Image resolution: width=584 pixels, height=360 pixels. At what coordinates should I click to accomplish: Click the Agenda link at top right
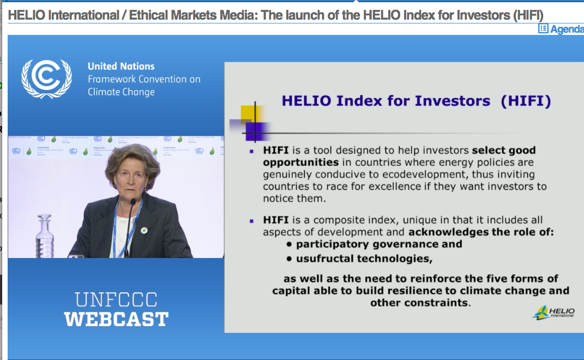(562, 29)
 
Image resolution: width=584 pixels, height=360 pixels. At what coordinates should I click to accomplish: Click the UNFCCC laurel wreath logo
(46, 79)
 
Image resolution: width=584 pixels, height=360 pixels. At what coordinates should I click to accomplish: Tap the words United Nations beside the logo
(121, 67)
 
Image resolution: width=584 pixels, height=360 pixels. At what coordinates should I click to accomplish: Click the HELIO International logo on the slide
(553, 313)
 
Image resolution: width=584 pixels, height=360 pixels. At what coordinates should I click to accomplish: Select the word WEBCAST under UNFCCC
(116, 319)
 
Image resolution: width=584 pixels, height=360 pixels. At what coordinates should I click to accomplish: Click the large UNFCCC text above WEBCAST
(116, 299)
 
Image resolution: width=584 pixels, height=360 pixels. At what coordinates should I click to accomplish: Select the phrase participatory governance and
(379, 244)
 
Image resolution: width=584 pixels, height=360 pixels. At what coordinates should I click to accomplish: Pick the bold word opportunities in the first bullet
(300, 163)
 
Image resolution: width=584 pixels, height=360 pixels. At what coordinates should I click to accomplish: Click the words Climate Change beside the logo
(121, 92)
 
